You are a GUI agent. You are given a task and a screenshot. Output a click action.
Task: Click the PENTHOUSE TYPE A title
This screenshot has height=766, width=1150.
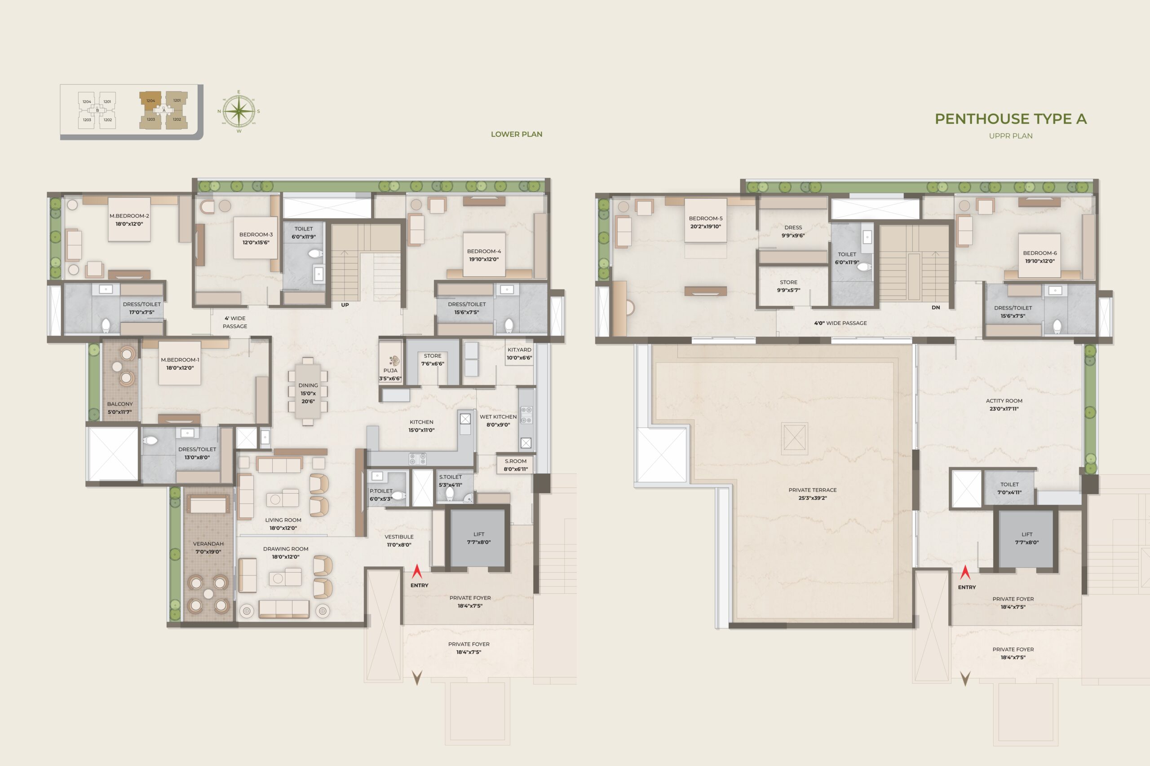(1011, 119)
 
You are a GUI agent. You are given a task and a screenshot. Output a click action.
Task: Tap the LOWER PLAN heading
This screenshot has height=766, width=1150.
(516, 134)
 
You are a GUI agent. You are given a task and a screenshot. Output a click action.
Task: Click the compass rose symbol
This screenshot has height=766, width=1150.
(239, 111)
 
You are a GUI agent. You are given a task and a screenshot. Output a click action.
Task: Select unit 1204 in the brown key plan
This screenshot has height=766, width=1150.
(150, 101)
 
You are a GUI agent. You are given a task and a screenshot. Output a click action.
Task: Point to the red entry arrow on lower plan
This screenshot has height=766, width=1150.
(417, 571)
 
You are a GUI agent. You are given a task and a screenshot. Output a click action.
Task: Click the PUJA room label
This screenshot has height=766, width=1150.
(390, 370)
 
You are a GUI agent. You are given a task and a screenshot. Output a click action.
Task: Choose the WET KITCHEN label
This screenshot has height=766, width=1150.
(498, 417)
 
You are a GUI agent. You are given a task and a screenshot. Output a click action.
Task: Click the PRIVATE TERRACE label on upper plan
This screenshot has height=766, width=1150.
(813, 490)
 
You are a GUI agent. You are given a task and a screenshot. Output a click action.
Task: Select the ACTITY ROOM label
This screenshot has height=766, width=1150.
(1004, 401)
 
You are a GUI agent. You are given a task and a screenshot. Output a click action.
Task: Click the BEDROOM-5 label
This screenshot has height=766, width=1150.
(706, 219)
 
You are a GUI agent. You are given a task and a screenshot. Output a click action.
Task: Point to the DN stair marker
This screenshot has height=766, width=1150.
(936, 307)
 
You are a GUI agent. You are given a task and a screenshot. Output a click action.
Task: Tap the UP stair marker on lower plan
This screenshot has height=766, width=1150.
(345, 305)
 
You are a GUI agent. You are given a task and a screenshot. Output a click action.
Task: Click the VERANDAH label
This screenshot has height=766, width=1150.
(208, 544)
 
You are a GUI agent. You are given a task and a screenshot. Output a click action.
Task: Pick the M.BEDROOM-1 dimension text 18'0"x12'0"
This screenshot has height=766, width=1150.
(180, 368)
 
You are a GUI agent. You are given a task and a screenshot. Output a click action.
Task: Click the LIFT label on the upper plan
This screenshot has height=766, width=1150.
(1027, 534)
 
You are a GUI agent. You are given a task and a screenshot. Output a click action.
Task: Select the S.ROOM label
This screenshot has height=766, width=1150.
(516, 461)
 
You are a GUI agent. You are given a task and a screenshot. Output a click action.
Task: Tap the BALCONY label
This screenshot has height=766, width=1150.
(120, 404)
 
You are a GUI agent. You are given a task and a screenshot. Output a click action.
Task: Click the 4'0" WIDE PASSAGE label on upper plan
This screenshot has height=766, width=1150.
(840, 323)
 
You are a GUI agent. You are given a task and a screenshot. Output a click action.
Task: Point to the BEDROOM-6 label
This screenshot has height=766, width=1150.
(1040, 253)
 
